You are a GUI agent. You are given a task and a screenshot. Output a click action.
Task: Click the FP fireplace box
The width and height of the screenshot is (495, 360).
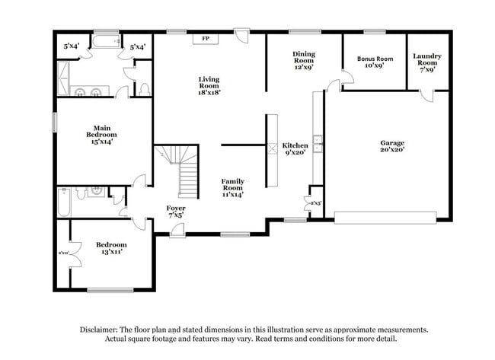coord(205,38)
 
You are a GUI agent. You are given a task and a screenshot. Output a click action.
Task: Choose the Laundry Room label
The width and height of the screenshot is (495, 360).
coord(427,61)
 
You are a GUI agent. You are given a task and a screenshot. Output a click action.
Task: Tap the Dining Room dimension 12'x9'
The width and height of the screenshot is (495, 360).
coord(304,67)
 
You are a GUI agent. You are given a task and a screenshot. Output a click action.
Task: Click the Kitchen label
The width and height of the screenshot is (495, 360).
coord(295,145)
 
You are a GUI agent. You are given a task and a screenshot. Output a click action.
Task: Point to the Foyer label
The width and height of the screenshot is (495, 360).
coord(176,208)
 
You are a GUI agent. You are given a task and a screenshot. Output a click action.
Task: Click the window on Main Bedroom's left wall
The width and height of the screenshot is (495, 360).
coord(54,123)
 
